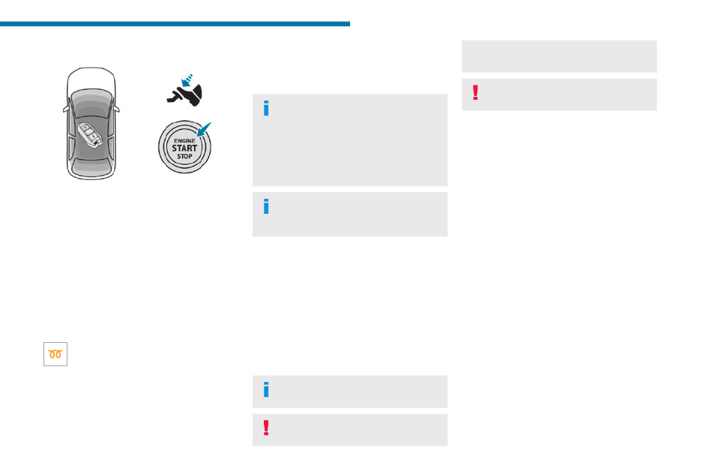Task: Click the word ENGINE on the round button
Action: click(184, 140)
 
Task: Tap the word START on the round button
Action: click(184, 148)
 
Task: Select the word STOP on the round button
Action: click(184, 157)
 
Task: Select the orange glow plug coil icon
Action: click(55, 354)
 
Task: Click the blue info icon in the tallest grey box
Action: click(265, 109)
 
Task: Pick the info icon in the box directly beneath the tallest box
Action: click(265, 206)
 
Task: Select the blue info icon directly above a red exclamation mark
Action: click(265, 390)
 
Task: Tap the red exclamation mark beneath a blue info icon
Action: click(265, 428)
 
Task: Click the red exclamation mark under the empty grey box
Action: click(474, 92)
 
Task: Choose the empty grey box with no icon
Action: click(559, 56)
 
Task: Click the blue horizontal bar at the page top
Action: click(175, 24)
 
